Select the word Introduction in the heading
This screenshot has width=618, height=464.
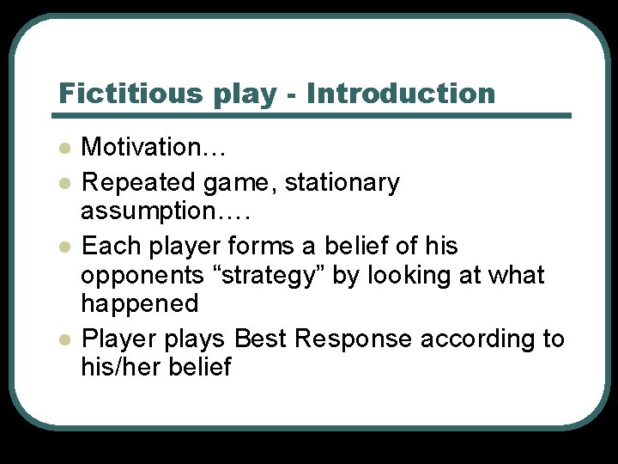tap(401, 93)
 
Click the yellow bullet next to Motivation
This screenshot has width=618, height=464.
tap(63, 148)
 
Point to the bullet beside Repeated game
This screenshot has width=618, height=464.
tap(63, 183)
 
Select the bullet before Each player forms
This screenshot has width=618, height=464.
tap(63, 247)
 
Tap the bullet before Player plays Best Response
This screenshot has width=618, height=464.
tap(63, 339)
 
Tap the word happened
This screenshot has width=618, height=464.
tap(139, 303)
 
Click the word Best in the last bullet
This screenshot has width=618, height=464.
tap(261, 339)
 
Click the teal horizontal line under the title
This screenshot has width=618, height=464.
tap(313, 115)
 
